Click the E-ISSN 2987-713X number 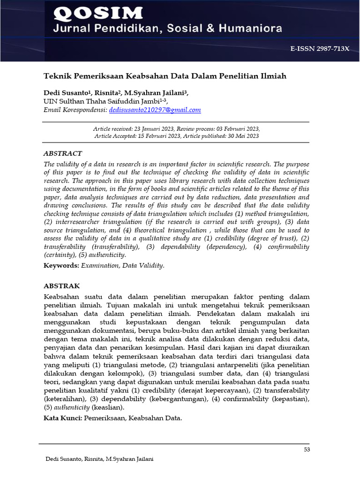point(320,49)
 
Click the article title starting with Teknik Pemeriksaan point(165,75)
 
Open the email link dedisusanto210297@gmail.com point(155,110)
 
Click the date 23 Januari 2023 point(154,128)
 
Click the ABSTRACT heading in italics point(63,153)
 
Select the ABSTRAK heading point(62,285)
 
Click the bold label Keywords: point(61,265)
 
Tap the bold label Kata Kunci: point(63,417)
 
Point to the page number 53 point(307,450)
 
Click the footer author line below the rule point(99,459)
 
